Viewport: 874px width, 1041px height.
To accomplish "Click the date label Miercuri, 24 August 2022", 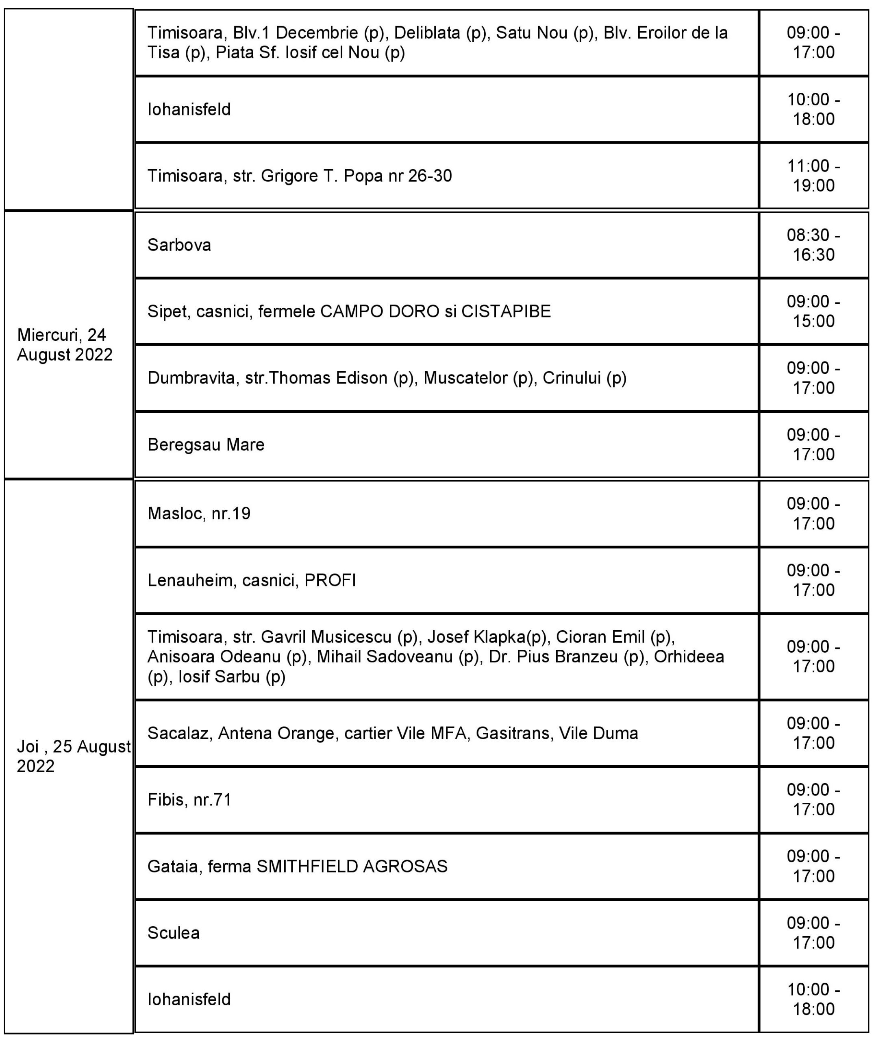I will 65,344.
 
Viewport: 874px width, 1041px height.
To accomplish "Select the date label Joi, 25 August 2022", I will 73,756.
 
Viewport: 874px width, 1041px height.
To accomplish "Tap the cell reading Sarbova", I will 179,245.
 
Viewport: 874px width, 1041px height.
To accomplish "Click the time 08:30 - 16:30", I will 813,245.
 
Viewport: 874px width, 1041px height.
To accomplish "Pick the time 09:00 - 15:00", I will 813,311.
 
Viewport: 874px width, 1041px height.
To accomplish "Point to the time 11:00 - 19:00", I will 813,176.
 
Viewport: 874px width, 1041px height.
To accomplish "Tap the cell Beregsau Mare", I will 206,444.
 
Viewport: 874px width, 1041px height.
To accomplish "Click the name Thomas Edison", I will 329,378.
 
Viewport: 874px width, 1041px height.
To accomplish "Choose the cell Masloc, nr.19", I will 199,514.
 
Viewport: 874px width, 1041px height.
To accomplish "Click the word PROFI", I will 330,580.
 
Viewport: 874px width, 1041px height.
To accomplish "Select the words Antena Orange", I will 276,733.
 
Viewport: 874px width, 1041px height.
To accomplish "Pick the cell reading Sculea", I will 174,933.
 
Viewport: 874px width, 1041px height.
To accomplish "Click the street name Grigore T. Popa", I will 322,176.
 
